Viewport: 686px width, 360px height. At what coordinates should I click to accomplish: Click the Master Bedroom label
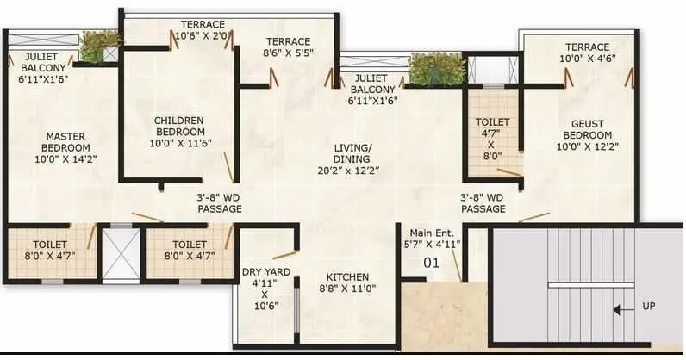64,147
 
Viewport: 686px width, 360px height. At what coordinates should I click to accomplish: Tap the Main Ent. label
435,238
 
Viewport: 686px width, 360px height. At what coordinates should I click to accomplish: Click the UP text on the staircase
648,307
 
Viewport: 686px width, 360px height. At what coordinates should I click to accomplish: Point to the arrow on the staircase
618,307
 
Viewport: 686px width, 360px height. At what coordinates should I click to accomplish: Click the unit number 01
432,264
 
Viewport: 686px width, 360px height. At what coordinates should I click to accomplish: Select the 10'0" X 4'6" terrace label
587,53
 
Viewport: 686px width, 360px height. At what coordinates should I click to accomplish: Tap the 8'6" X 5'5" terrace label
288,47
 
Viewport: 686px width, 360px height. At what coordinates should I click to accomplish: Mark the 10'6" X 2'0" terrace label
203,30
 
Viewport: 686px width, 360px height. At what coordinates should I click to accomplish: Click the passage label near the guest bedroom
483,203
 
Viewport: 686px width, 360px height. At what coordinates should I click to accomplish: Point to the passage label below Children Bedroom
219,203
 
